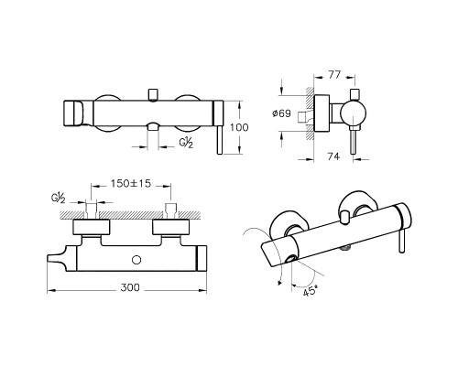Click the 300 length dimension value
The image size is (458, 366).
click(x=130, y=287)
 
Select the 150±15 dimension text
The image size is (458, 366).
click(x=131, y=183)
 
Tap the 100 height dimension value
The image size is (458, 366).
click(x=239, y=127)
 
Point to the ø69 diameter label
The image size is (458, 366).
click(x=281, y=113)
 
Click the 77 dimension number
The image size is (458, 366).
click(x=334, y=75)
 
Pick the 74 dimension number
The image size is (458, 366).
click(x=333, y=156)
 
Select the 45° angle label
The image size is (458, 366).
click(x=311, y=292)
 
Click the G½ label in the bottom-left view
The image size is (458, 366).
click(x=58, y=199)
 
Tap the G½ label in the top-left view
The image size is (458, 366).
click(x=186, y=143)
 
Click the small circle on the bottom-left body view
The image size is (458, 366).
click(x=136, y=260)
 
